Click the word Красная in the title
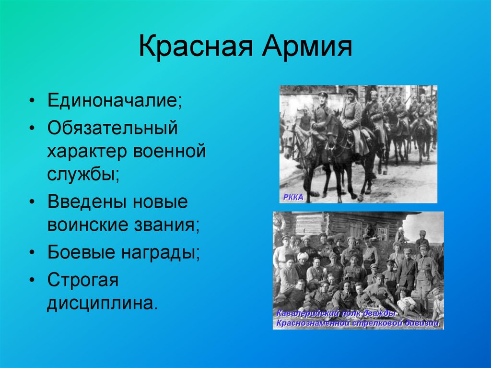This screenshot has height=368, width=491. coord(196,47)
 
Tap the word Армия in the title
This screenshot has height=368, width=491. coord(307,47)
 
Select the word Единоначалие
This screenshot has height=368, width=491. coord(114,101)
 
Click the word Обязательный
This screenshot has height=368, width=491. coord(113,128)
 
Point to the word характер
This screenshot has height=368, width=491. coord(87,152)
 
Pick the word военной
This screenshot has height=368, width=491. coord(170,151)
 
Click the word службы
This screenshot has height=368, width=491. coord(83,173)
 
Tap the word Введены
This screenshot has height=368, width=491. coord(86,202)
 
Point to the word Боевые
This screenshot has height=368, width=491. coord(81,252)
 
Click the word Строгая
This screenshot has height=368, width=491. coord(83,280)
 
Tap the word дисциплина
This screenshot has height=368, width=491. coord(102,303)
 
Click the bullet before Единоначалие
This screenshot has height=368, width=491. coord(32,101)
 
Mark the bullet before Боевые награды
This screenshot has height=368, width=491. coord(32,253)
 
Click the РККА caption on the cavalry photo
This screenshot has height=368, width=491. coord(293,198)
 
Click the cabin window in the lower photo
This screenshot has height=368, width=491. coord(382,232)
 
